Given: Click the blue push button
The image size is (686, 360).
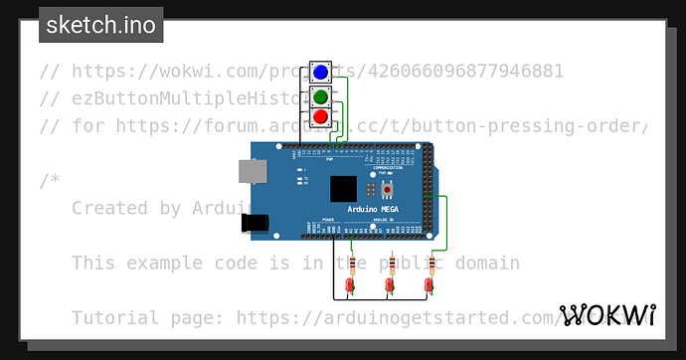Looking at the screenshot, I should pos(320,73).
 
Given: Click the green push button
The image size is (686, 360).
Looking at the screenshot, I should pos(320,95).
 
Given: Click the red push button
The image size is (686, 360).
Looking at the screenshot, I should pos(320,117).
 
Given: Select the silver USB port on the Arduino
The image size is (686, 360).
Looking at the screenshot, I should pos(250,172).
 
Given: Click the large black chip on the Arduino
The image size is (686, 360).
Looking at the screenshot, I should pos(343,189).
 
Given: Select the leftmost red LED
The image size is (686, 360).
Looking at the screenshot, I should pos(351,287).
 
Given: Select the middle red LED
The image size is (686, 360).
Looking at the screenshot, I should pos(391,287).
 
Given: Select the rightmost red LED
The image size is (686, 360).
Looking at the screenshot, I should pos(429,287).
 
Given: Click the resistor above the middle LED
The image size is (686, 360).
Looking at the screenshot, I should pos(391,265).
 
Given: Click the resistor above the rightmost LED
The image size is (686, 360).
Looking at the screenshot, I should pos(431,265).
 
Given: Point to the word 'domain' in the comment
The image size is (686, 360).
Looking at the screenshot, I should pos(487,264).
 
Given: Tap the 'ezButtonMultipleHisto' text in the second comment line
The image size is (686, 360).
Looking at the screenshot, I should pos(199,98).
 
